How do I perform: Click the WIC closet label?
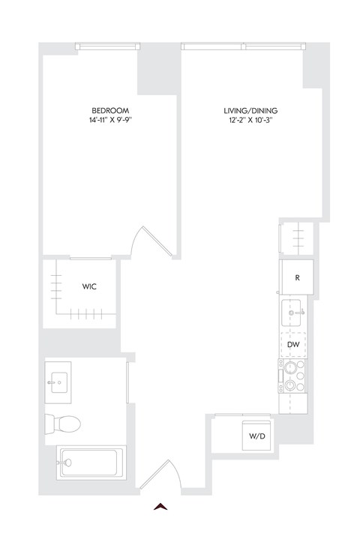point(88,287)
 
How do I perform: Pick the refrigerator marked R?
point(296,277)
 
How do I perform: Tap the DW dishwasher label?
point(294,344)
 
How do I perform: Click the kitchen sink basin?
point(293,310)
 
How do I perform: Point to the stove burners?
point(292,376)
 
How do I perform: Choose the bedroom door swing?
point(146,240)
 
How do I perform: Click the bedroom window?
point(106,46)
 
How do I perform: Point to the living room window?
point(241,46)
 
